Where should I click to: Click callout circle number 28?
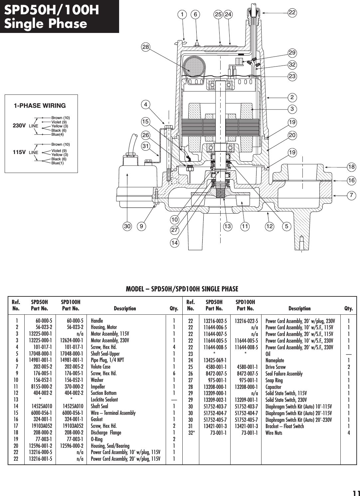(145, 47)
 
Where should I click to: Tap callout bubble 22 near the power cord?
(292, 13)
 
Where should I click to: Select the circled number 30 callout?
(127, 227)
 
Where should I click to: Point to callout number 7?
(351, 195)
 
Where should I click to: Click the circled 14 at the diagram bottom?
(174, 243)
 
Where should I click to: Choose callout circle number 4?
(145, 104)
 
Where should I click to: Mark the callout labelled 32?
(292, 65)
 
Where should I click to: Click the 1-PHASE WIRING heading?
(40, 106)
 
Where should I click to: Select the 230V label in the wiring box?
(19, 126)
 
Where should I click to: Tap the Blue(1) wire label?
(57, 163)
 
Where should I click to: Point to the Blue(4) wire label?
(57, 134)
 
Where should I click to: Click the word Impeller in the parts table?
(98, 387)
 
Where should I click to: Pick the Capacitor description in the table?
(273, 387)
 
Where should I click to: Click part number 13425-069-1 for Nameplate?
(215, 360)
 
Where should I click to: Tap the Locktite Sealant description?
(104, 400)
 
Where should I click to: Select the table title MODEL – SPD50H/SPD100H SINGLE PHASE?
(182, 289)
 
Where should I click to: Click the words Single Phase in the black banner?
(46, 24)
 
